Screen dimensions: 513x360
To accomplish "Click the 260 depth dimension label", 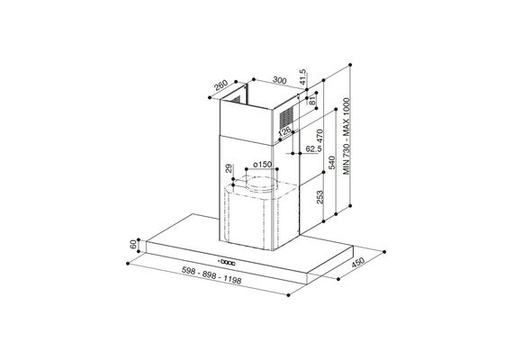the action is pos(220,85).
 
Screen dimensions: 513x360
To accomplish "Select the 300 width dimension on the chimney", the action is pos(279,80).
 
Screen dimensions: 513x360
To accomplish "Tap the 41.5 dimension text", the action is pos(302,77).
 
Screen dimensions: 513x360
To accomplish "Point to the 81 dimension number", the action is pos(312,100).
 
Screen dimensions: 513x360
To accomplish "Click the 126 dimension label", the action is pos(284,130).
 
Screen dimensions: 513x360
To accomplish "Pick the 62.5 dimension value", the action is pos(313,148).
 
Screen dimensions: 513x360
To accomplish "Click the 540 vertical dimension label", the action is pos(332,163).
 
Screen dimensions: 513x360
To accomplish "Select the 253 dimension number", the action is pos(320,197).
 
